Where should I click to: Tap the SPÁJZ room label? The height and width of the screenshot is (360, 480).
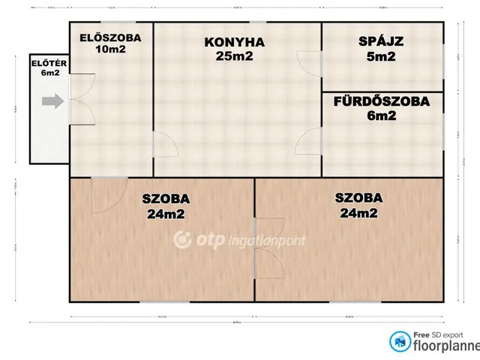pos(381,42)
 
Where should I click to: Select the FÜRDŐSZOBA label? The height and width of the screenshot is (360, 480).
pos(382,102)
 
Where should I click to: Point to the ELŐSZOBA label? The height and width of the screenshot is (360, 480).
pos(110,36)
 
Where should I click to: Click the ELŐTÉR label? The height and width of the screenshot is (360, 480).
pos(49,64)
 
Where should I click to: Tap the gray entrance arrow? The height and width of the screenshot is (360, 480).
pos(52,101)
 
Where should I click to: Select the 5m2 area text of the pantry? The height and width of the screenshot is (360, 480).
pos(381,56)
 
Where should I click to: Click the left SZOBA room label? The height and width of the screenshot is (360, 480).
pos(166,199)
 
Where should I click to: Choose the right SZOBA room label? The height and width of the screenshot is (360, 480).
pos(360,198)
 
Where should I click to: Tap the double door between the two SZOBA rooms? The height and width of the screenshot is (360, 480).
pos(268,247)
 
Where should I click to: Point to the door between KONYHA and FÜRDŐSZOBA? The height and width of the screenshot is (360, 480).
pos(309,140)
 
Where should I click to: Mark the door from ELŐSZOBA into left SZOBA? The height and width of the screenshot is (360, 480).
pos(106,193)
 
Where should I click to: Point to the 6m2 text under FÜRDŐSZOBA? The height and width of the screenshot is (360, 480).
pos(382,116)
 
